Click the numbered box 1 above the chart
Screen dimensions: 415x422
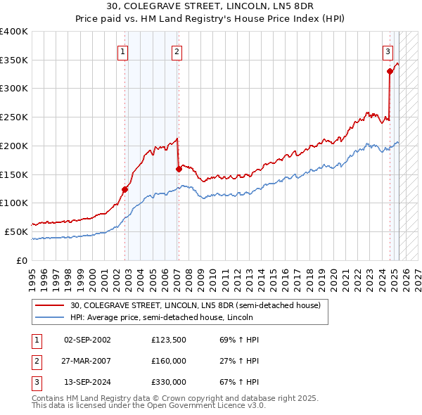pyautogui.click(x=123, y=51)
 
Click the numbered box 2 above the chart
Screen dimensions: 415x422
pyautogui.click(x=176, y=51)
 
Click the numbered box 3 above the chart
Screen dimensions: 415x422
pyautogui.click(x=388, y=51)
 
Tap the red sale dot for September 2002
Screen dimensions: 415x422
pyautogui.click(x=124, y=189)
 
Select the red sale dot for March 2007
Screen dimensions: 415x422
pyautogui.click(x=179, y=168)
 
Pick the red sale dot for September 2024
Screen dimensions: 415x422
pyautogui.click(x=389, y=70)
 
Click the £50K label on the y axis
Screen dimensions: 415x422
pyautogui.click(x=15, y=231)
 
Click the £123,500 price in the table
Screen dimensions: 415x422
pyautogui.click(x=169, y=340)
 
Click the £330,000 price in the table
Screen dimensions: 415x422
pyautogui.click(x=169, y=383)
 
